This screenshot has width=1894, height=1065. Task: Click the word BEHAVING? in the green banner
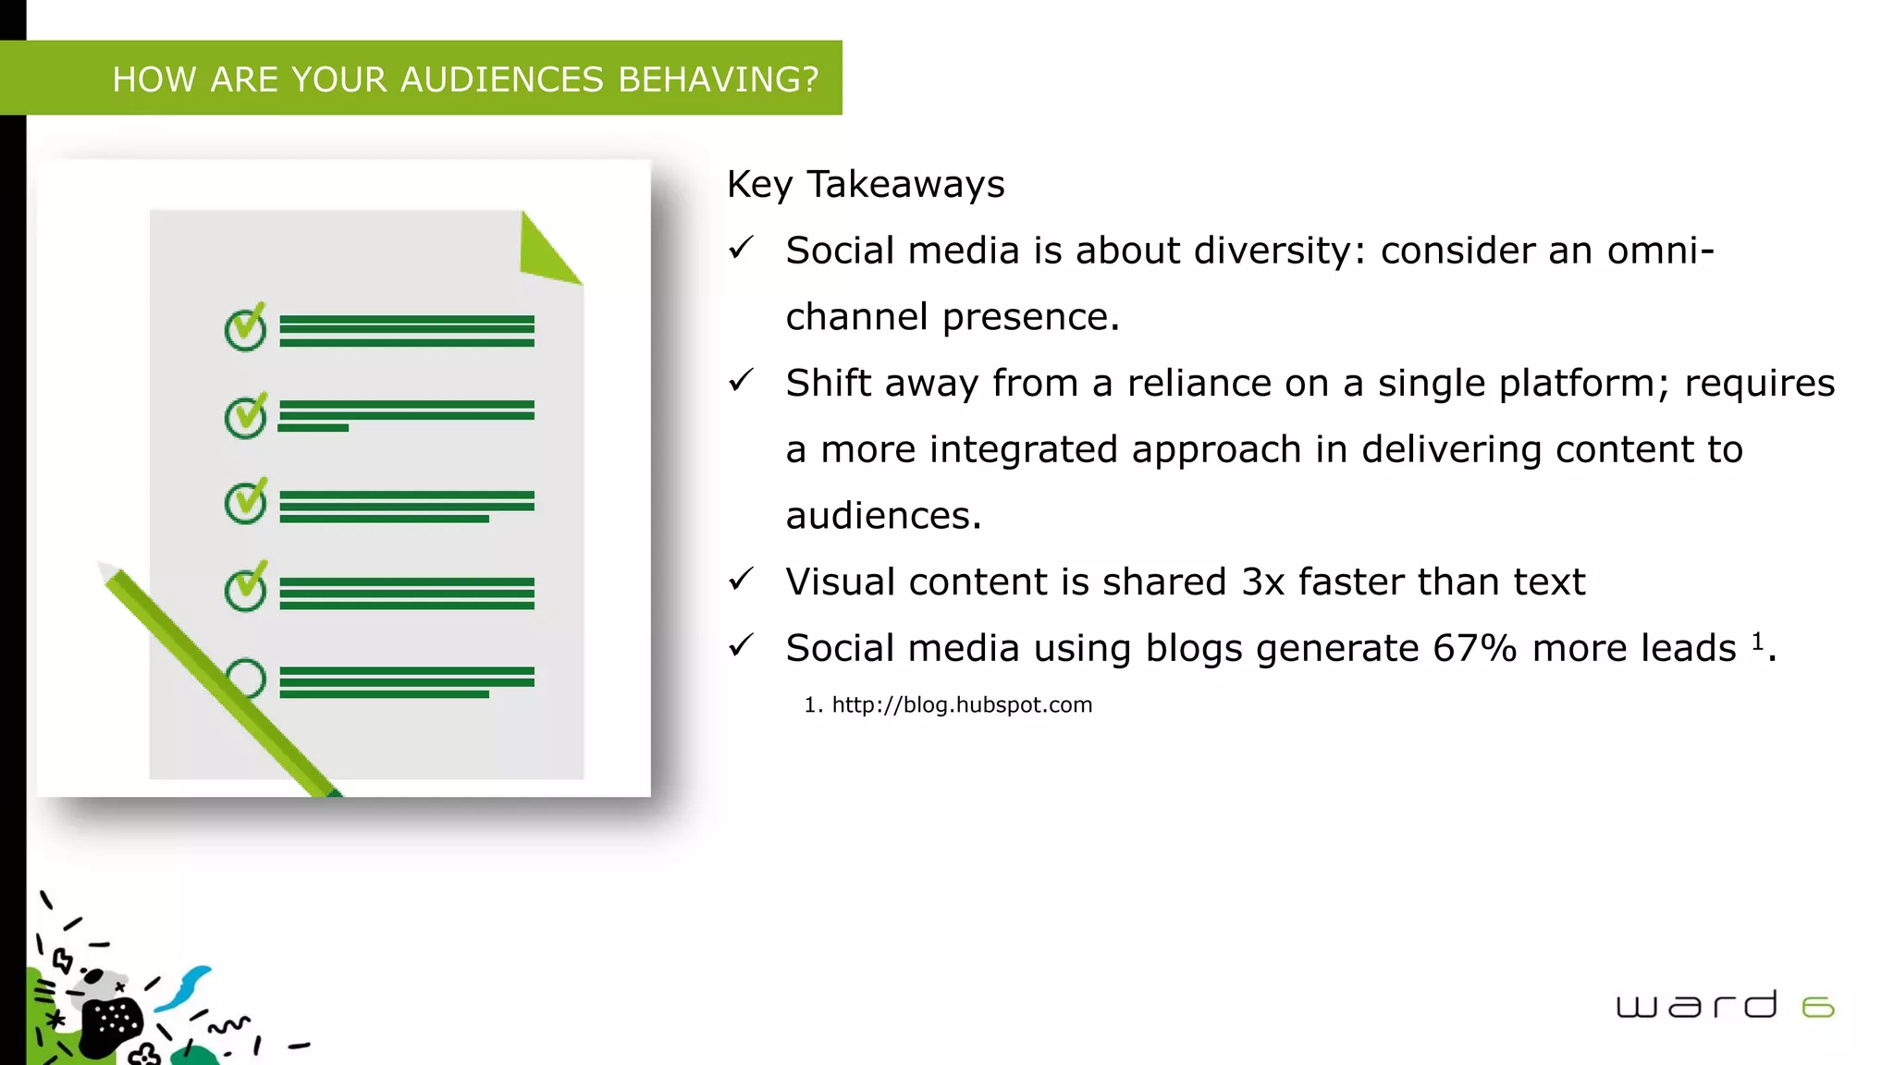(x=718, y=80)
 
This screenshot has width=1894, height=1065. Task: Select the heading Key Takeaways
(x=865, y=184)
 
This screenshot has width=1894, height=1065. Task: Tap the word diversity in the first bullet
(x=1280, y=251)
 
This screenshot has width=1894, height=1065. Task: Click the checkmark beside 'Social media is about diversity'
(x=741, y=248)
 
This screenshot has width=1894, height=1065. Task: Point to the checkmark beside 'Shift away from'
(x=741, y=380)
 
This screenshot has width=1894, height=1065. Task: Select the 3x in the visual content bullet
(x=1262, y=582)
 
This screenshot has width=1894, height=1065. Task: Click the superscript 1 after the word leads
(x=1757, y=641)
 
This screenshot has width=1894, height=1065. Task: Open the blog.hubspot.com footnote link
(x=962, y=705)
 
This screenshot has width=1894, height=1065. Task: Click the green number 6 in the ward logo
(x=1817, y=1007)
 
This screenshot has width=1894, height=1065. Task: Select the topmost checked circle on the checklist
(x=246, y=329)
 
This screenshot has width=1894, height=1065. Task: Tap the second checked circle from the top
(x=246, y=416)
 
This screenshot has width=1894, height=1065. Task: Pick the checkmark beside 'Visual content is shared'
(x=741, y=580)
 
